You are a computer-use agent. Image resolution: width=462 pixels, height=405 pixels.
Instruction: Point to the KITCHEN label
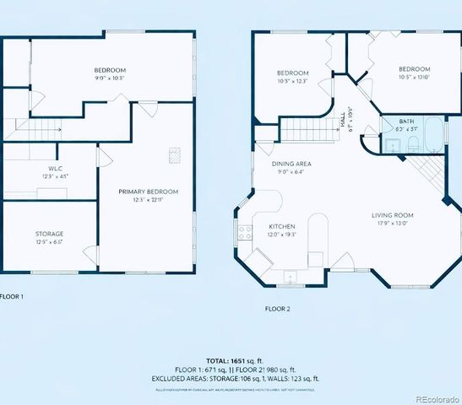(x=281, y=228)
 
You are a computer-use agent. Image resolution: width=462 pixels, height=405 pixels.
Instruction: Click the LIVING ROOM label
(x=394, y=215)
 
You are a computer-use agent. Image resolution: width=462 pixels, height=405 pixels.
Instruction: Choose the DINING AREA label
(x=291, y=163)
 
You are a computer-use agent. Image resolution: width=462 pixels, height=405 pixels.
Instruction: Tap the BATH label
(x=406, y=122)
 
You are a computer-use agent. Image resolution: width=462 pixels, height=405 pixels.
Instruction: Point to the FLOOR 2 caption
(x=277, y=309)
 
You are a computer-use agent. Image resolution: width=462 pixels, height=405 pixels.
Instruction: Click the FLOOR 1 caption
(x=12, y=297)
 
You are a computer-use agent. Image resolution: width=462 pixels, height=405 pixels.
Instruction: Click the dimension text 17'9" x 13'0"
(x=394, y=224)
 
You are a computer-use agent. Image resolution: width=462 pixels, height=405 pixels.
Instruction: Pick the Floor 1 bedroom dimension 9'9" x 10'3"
(x=110, y=78)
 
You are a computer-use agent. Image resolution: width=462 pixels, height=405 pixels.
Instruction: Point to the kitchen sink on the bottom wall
(x=290, y=276)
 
